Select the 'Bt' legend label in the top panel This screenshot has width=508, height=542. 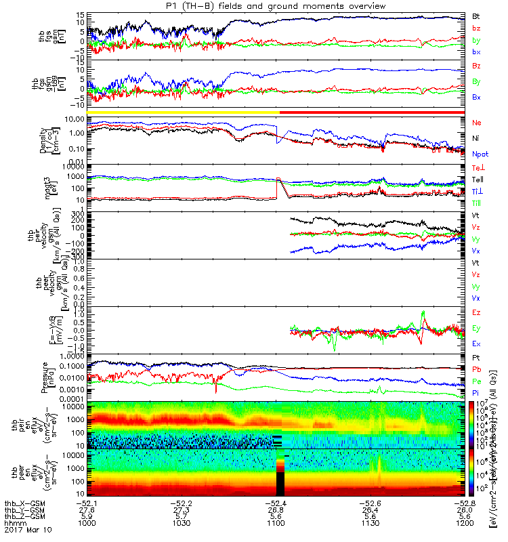(475, 16)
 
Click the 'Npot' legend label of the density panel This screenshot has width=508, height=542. (478, 154)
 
